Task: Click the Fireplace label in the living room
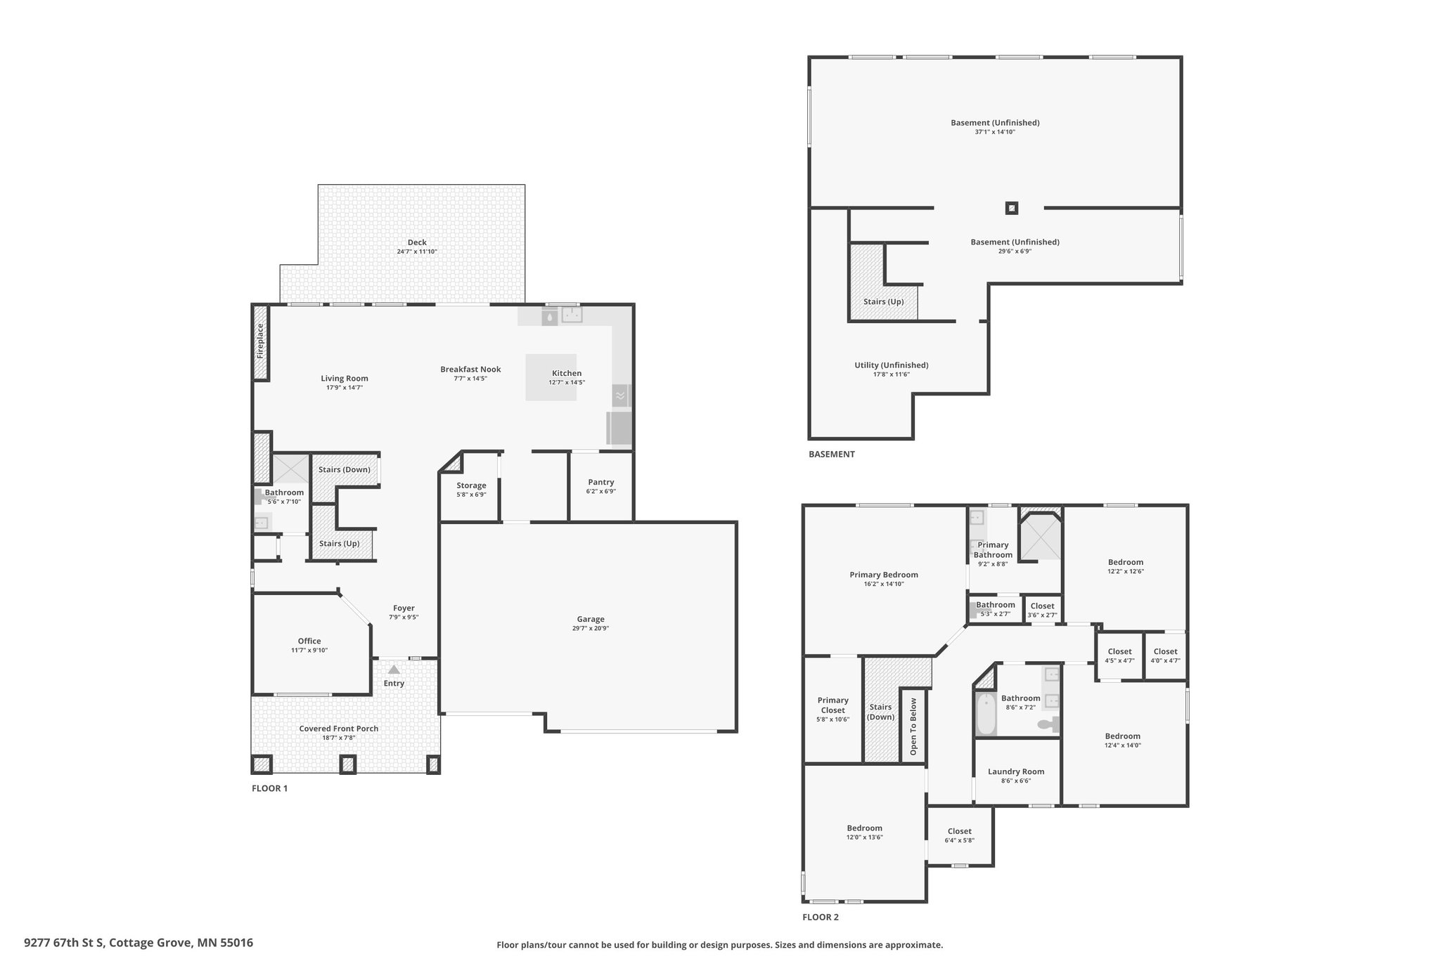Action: click(x=260, y=341)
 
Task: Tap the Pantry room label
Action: click(x=601, y=482)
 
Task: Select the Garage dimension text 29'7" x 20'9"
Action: click(x=591, y=628)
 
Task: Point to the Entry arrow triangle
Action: click(x=394, y=670)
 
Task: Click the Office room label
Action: click(x=309, y=641)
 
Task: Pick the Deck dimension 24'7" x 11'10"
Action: click(x=417, y=252)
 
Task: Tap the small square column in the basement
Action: click(x=1012, y=208)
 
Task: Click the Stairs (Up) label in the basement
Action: click(x=884, y=301)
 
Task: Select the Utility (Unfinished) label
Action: click(x=892, y=365)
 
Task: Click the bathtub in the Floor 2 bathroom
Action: click(x=986, y=714)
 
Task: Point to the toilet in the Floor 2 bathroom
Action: click(x=1048, y=724)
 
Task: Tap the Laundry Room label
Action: click(x=1016, y=771)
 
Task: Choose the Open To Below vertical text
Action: click(x=913, y=726)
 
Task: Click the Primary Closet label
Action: click(x=833, y=705)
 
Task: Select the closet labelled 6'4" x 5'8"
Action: click(x=960, y=835)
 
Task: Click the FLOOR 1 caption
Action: click(x=269, y=788)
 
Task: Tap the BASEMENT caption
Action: click(x=832, y=454)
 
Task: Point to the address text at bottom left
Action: click(x=139, y=943)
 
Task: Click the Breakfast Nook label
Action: click(x=470, y=370)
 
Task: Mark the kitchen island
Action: click(x=552, y=377)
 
